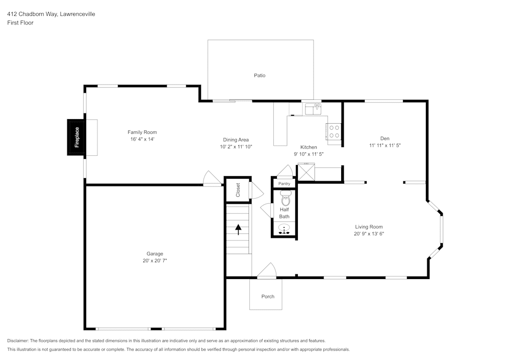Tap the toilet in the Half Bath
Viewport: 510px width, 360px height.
pos(285,198)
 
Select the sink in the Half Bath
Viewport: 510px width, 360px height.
pos(285,229)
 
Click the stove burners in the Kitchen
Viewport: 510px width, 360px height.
pos(334,131)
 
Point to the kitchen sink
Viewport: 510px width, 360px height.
pos(313,109)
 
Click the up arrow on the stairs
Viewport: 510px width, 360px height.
pos(238,229)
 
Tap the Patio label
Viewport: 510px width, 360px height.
pos(260,75)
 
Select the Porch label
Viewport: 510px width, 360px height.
pos(268,296)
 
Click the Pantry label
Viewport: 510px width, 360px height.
pos(284,184)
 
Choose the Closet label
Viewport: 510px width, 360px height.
pos(238,190)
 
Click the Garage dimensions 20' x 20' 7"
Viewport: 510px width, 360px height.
pos(155,260)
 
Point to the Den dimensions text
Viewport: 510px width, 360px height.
pos(385,146)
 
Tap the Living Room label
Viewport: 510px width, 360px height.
pos(369,227)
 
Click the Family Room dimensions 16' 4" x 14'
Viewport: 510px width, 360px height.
pos(142,139)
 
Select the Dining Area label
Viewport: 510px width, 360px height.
pos(236,140)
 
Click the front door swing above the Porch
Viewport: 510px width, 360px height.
pos(267,270)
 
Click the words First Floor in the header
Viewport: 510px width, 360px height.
pos(20,23)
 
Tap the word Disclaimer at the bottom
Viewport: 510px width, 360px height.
pos(17,341)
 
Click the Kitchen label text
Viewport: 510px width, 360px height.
pos(309,147)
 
